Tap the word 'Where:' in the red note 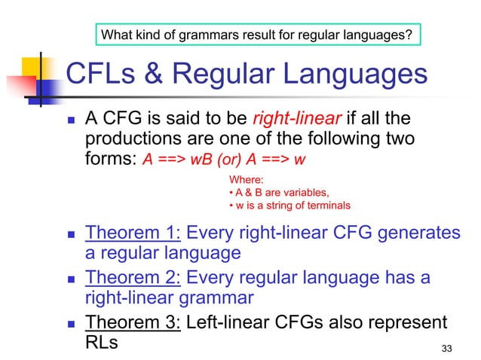click(x=245, y=179)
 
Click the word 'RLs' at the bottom click(x=103, y=343)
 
